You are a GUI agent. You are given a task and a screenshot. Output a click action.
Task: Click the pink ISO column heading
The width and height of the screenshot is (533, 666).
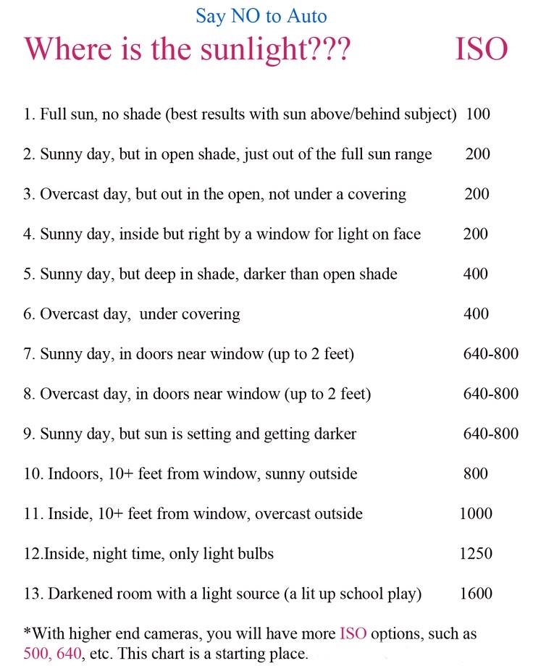pos(481,49)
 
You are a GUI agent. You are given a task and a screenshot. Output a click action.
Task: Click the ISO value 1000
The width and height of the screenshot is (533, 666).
pos(476,513)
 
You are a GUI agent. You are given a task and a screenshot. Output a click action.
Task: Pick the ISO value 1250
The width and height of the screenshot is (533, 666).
pos(476,553)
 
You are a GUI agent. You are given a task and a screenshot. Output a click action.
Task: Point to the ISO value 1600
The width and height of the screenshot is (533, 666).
pos(476,594)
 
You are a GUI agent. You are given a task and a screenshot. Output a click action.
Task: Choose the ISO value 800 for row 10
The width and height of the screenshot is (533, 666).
pos(476,473)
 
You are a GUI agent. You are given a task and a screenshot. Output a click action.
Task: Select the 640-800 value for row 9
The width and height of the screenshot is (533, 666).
pos(490,434)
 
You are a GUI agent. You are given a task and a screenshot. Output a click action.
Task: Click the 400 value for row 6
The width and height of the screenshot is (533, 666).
pos(477,313)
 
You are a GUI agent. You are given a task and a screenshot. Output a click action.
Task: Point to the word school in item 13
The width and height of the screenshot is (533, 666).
pos(348,594)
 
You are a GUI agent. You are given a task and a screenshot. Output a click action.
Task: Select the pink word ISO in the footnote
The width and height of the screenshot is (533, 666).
pos(353,633)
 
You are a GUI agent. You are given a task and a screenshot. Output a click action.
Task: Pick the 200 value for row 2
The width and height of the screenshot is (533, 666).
pos(477,153)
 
